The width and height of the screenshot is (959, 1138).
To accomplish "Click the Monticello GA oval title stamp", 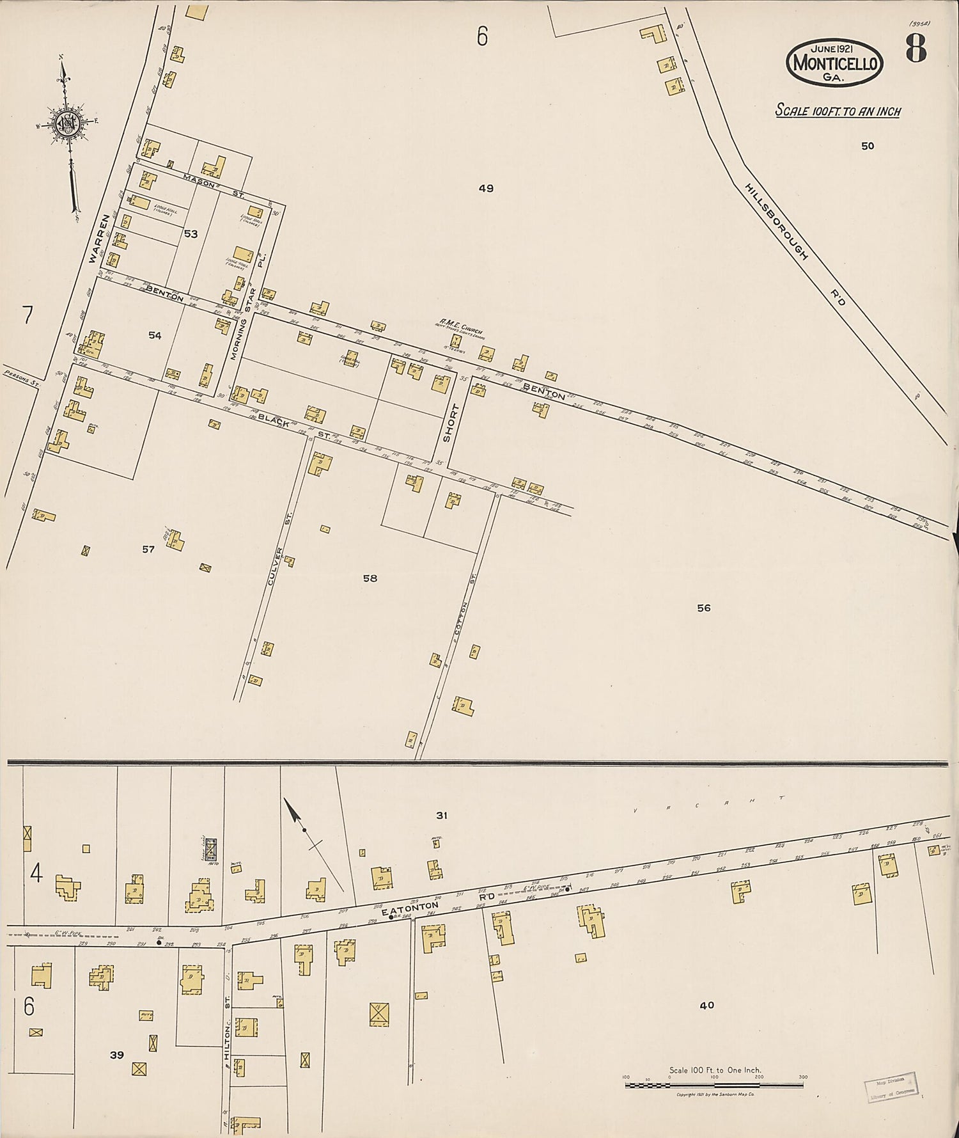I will (x=834, y=63).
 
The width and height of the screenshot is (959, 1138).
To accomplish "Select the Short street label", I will (x=447, y=423).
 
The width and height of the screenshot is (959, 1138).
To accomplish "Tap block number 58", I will (x=370, y=578).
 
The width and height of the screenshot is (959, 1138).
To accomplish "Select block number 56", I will (x=703, y=608).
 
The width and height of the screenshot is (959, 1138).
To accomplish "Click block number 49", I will (x=486, y=188).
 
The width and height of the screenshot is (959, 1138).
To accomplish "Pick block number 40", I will (x=706, y=1005).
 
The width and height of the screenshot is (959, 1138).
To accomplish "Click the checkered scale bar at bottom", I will (x=714, y=1086).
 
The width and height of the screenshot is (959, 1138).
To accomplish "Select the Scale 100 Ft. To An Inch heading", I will (x=838, y=111).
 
